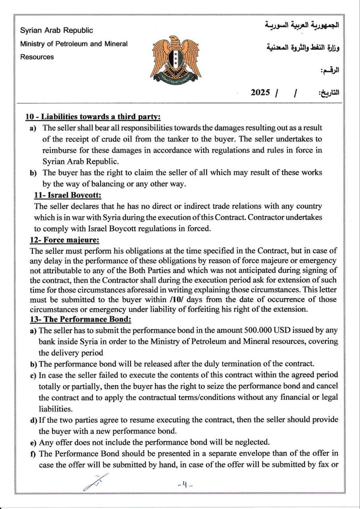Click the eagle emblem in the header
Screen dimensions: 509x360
click(x=175, y=58)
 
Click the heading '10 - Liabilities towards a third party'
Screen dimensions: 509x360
click(x=93, y=117)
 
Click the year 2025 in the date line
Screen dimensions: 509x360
click(x=261, y=93)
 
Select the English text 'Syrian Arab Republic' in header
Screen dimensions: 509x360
click(x=56, y=30)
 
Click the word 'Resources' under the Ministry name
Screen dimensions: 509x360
click(x=37, y=57)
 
